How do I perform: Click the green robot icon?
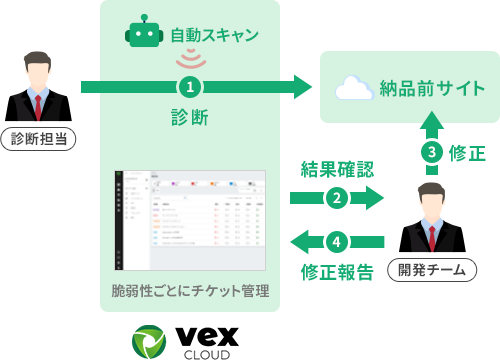[x=144, y=33]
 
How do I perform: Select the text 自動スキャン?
[x=214, y=35]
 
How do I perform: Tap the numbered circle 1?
[x=190, y=87]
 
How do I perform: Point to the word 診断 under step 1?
[x=190, y=117]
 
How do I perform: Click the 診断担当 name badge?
[x=38, y=139]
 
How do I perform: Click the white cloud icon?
[x=353, y=88]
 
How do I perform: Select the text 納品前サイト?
[x=433, y=88]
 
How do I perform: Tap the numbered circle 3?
[x=431, y=152]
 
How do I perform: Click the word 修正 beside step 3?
[x=467, y=153]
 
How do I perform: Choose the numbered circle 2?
[x=337, y=198]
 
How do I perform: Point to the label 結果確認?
[x=337, y=169]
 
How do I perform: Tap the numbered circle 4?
[x=337, y=242]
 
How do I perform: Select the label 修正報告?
[x=337, y=272]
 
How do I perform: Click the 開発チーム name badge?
[x=431, y=269]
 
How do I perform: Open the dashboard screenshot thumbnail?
[x=190, y=220]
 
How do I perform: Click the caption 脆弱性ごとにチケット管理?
[x=190, y=291]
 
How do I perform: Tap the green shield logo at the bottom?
[x=151, y=342]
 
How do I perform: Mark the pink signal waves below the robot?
[x=190, y=59]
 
